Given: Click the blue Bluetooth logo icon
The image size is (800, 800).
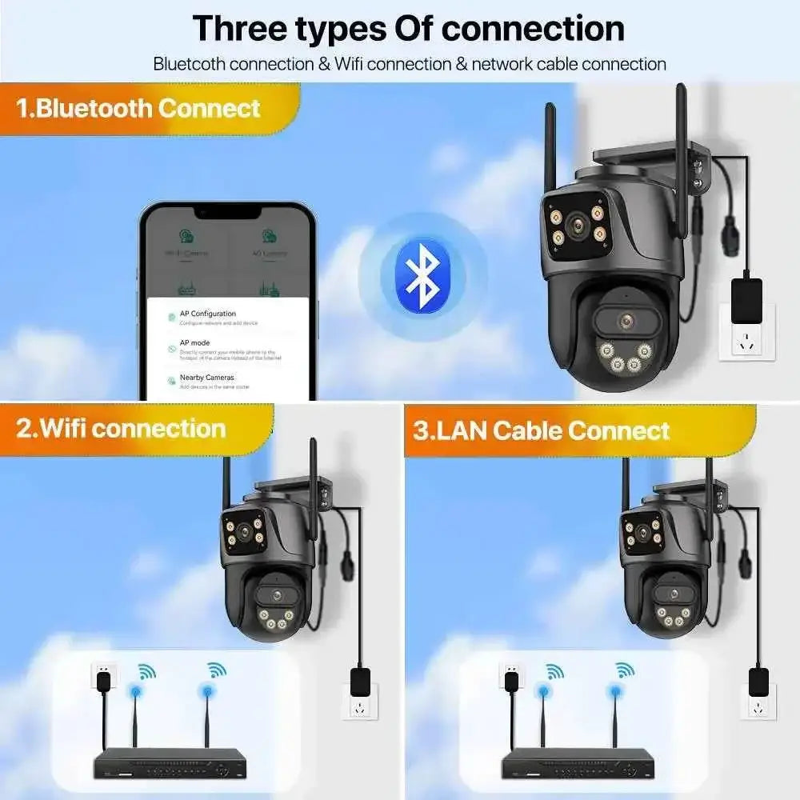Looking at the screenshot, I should (422, 276).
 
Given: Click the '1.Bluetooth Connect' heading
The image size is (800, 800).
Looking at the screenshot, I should (138, 108).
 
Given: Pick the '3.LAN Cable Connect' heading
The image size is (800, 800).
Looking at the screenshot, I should (542, 430).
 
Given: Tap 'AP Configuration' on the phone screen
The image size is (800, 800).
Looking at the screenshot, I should (207, 314).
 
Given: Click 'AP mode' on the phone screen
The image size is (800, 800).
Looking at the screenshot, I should (194, 342).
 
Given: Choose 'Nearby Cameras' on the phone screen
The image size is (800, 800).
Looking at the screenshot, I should (206, 377).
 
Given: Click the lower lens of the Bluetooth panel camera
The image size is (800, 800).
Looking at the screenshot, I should (626, 322).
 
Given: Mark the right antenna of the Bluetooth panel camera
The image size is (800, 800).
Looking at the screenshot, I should (682, 140).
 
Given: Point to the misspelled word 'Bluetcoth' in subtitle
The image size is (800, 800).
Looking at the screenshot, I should (189, 64).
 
